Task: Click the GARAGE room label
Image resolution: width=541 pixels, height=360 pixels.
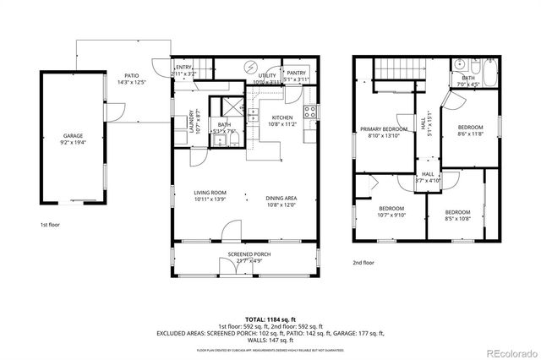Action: (73, 136)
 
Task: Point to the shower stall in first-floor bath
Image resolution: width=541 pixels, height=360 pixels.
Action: (227, 108)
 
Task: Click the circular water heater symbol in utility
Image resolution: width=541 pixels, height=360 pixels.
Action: (249, 67)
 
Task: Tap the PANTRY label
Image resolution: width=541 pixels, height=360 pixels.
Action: (296, 74)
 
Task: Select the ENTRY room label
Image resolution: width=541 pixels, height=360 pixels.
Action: (183, 68)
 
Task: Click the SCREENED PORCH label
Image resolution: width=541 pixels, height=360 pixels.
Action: (247, 255)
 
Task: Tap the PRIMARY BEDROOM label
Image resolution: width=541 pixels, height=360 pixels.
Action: (385, 129)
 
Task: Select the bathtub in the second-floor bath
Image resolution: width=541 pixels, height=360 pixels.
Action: (476, 68)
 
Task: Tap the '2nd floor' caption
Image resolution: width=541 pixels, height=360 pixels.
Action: (363, 263)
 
